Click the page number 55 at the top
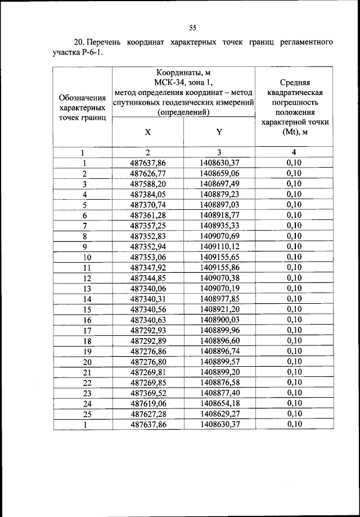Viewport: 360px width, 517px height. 192,28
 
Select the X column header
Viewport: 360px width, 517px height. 147,132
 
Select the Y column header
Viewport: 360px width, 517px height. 219,132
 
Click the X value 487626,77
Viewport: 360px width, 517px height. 148,173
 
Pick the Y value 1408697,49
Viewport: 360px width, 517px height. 219,184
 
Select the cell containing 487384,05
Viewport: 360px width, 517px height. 148,194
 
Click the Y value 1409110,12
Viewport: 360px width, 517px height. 219,246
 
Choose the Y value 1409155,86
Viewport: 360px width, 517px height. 219,267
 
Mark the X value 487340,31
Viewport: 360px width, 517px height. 148,299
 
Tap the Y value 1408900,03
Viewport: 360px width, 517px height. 219,320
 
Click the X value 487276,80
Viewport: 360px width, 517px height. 148,361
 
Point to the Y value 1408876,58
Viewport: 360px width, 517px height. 219,382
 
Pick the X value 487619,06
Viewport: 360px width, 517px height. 148,403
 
